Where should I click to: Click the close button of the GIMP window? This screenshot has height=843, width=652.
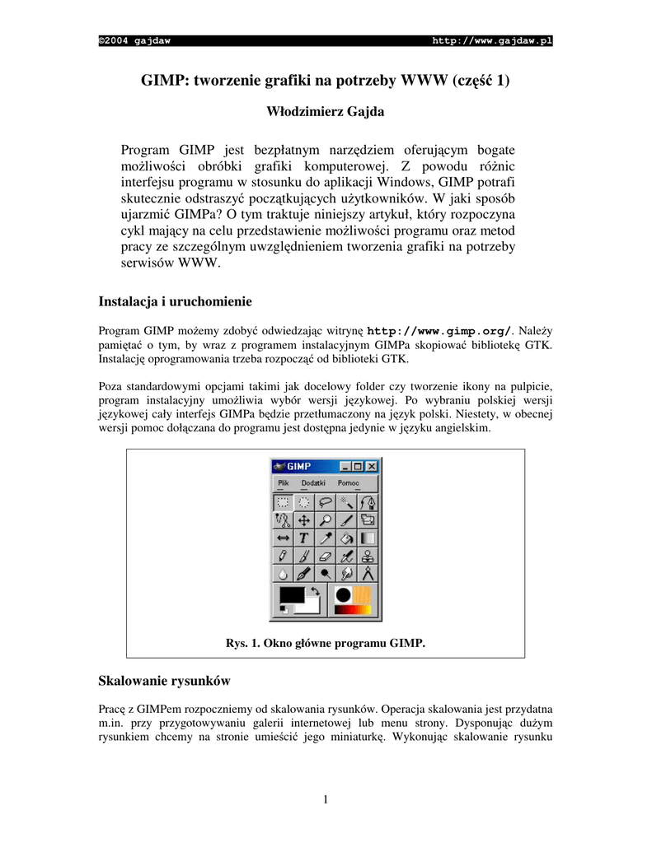click(372, 466)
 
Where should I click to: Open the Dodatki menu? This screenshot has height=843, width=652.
click(313, 483)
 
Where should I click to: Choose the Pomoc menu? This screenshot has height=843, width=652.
click(349, 483)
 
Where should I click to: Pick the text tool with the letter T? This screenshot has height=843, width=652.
click(303, 538)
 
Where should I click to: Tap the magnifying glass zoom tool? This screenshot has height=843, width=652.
click(325, 519)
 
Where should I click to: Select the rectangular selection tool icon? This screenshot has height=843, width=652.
click(283, 501)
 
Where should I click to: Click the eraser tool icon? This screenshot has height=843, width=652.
click(325, 556)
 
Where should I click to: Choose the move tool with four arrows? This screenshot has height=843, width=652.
click(303, 519)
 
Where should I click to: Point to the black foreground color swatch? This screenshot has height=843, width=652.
click(291, 594)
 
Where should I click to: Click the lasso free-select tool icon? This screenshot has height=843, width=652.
click(325, 501)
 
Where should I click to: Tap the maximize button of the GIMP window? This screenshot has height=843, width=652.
click(359, 466)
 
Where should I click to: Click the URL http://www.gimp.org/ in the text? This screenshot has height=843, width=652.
click(439, 331)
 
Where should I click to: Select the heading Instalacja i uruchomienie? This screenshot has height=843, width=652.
click(175, 300)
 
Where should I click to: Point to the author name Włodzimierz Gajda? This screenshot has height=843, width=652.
click(325, 111)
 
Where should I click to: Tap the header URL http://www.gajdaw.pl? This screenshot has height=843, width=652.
click(492, 41)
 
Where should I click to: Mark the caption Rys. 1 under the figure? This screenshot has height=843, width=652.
click(325, 643)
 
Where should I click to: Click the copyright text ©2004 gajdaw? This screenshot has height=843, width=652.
click(134, 41)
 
